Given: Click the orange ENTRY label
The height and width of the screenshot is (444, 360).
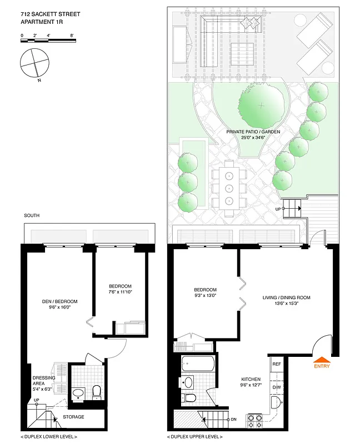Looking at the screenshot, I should tap(322, 366).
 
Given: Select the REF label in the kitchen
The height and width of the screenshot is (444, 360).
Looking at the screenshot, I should tap(277, 364).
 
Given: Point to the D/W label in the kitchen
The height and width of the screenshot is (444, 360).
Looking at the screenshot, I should tap(277, 388).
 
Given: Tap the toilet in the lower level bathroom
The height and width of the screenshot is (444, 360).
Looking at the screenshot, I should tap(96, 392).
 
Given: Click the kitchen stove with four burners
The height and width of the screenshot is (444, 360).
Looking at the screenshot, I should tap(254, 420).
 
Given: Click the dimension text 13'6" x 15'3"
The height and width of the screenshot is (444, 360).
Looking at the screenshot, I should tap(286, 305).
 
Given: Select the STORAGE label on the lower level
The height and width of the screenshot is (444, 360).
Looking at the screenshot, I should tap(73, 417).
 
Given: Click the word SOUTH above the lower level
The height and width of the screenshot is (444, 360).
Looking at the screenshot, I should tap(32, 215).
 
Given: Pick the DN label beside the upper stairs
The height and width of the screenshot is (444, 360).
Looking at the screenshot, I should tap(234, 419).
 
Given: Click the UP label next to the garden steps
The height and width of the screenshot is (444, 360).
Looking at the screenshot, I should tap(278, 209).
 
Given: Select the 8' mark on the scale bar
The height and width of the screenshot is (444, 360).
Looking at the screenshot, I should tap(72, 35).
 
